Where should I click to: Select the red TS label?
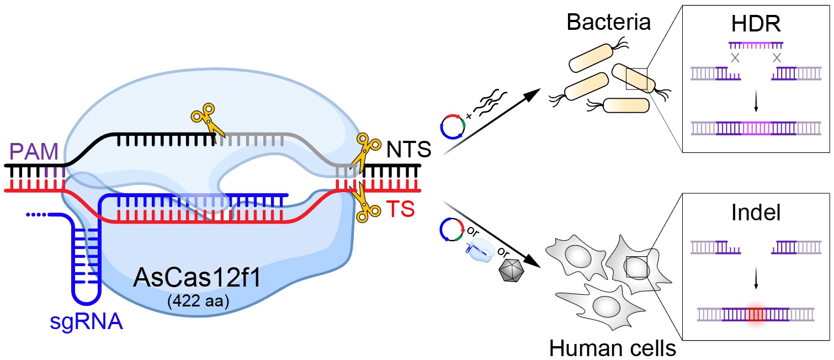400,210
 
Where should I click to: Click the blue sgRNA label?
87,321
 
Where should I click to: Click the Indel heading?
756,213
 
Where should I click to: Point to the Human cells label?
612,348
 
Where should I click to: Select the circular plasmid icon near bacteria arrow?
451,128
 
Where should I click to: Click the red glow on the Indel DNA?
755,315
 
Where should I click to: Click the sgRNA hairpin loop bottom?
87,301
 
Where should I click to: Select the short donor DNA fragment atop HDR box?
756,44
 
